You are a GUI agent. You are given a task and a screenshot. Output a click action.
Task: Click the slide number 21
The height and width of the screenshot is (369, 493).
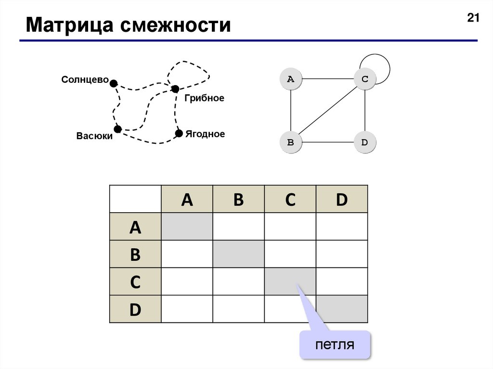coord(473,19)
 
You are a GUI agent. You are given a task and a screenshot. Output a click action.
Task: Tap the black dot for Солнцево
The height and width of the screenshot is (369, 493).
coord(114,83)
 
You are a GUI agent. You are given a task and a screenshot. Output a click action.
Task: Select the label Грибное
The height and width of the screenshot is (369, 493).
coord(204,98)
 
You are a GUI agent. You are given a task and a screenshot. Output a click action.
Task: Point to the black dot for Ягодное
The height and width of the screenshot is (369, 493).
coord(179,133)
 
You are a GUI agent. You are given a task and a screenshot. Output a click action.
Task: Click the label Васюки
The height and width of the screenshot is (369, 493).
coord(94,136)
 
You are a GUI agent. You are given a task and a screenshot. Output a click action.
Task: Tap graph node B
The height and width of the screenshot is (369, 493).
coord(291,142)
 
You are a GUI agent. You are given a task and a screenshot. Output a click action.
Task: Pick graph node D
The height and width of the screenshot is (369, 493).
coord(364,142)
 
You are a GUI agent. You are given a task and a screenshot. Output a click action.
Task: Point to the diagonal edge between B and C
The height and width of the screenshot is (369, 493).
coord(327,111)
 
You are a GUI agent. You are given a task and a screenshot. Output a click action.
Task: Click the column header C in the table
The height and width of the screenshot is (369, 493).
coord(290,199)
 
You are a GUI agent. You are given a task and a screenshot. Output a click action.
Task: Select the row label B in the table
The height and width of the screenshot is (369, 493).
coord(135,254)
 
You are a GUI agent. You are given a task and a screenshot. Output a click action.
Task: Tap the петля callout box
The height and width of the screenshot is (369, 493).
coord(335,344)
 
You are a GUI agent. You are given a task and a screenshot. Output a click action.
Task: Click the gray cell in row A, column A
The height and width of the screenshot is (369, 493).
coord(187,227)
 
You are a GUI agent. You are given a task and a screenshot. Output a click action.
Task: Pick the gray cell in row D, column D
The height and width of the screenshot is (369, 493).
coord(342,309)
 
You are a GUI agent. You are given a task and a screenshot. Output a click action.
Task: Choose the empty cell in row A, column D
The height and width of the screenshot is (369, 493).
coord(342,227)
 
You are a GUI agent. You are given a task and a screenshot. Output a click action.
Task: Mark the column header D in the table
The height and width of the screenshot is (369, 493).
coord(342,199)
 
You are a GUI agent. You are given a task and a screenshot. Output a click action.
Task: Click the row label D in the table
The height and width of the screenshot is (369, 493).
coord(135,309)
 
